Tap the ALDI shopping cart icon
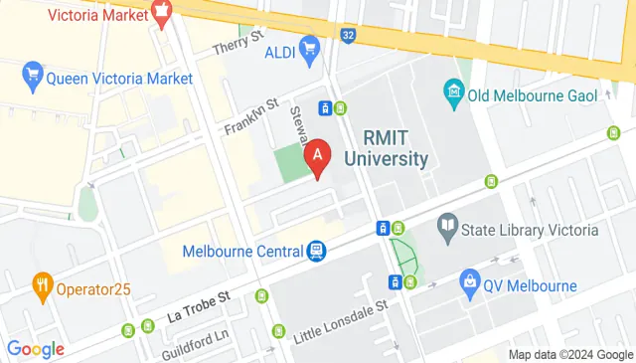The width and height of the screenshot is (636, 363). point(309,47)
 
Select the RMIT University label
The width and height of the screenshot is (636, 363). point(387,148)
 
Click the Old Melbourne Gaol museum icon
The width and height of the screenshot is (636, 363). point(454,94)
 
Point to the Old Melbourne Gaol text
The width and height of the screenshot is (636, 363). point(534,95)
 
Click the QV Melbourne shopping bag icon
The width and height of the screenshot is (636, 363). point(470,285)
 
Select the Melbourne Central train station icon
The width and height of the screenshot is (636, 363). point(316,251)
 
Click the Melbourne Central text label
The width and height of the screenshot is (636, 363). point(243,251)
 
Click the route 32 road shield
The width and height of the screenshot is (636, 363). point(348,35)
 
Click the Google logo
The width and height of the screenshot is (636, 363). point(36,348)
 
